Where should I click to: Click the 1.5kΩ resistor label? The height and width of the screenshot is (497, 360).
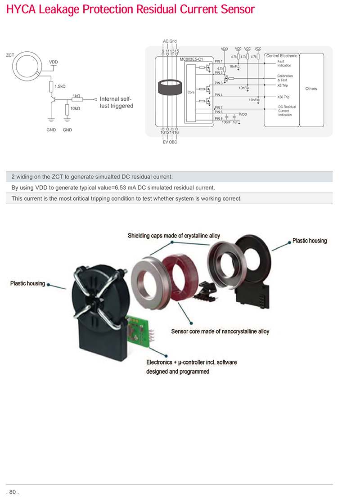click(60, 86)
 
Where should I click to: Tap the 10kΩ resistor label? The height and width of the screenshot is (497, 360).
click(75, 108)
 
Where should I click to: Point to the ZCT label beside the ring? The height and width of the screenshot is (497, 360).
click(10, 55)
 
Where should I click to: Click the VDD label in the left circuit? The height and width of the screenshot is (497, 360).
click(53, 62)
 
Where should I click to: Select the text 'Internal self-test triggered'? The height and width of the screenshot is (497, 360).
click(117, 103)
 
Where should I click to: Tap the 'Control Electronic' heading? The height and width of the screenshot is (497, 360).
click(282, 56)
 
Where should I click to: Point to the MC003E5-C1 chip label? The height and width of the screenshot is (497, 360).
click(191, 59)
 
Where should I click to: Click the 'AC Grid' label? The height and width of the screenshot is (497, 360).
click(170, 41)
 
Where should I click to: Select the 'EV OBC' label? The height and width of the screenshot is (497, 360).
click(170, 142)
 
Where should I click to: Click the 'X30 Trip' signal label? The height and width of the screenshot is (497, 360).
click(283, 97)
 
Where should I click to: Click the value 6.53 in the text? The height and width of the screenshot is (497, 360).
click(121, 188)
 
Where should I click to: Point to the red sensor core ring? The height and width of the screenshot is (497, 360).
click(180, 278)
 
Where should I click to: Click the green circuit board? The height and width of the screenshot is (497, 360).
click(138, 331)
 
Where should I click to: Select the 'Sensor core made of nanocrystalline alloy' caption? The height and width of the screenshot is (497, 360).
click(220, 331)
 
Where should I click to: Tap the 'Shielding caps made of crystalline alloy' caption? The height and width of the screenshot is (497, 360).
click(174, 236)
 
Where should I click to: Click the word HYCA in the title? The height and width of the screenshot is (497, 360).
click(21, 9)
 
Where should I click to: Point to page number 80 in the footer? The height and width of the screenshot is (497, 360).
click(12, 492)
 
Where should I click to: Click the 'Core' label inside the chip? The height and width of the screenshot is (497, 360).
click(191, 92)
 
